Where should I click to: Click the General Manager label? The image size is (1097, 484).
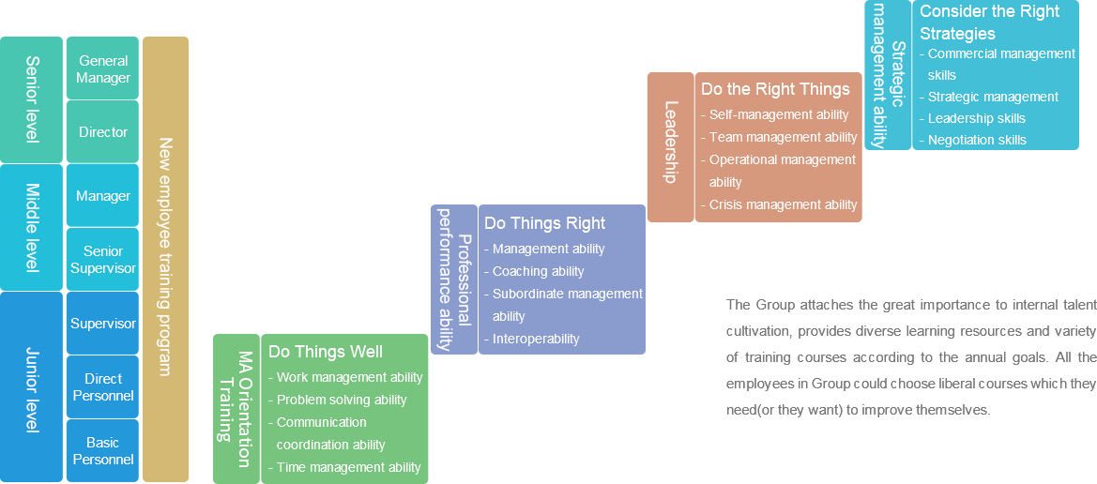coord(103,69)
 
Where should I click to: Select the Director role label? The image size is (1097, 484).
coord(103,132)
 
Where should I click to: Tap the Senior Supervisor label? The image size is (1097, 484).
coord(103,260)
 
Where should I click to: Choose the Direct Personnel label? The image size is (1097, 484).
coord(103,387)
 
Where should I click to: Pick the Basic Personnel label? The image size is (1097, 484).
coord(103,451)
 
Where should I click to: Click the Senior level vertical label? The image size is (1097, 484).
coord(32,99)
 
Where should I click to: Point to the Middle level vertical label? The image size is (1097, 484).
coord(32,228)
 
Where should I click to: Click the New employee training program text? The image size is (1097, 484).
coord(165,257)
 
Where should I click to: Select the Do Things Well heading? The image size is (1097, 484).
coord(326,352)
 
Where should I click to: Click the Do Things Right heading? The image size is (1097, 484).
coord(544,223)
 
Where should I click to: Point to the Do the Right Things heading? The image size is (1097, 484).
coord(775,89)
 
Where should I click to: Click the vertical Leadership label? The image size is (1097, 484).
coord(670,143)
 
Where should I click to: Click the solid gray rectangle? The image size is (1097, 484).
coord(911,358)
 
